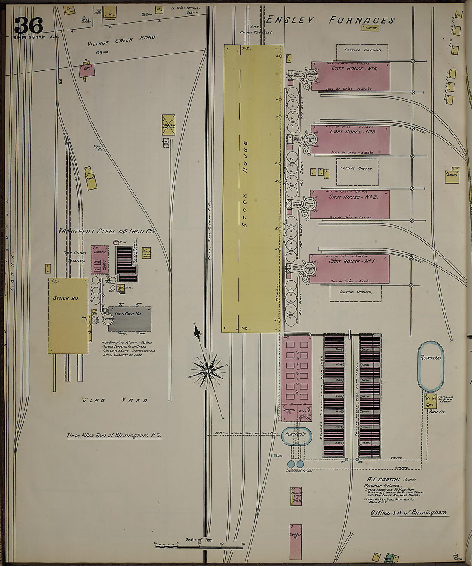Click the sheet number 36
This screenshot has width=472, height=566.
(x=29, y=25)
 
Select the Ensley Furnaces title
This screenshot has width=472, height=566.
(x=330, y=20)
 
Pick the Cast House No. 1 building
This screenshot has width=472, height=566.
(x=350, y=269)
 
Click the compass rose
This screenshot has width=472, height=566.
(x=209, y=369)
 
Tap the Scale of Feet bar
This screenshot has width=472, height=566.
(x=200, y=545)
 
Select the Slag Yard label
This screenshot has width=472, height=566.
(x=115, y=400)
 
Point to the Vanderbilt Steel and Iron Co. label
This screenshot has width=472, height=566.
(x=107, y=231)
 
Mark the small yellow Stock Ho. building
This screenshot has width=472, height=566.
(x=68, y=315)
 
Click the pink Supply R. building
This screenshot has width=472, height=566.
(x=295, y=541)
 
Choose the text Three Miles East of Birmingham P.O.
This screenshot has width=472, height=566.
(x=114, y=436)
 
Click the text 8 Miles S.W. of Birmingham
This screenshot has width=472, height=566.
(x=408, y=512)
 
